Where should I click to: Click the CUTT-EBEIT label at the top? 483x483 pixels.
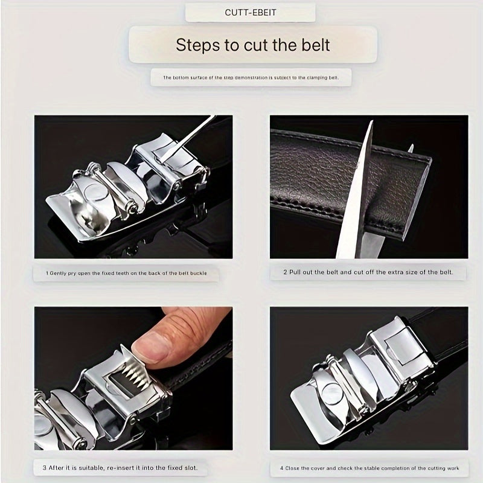coord(250,12)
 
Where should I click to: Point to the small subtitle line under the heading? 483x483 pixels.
coord(251,78)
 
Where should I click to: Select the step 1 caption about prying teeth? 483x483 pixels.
coord(127,273)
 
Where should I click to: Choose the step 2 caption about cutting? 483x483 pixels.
coord(368,272)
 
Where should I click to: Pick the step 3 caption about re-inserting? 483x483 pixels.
coord(120,467)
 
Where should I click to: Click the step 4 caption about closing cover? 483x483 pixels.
coord(369,467)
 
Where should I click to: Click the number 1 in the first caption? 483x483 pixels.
coord(47,273)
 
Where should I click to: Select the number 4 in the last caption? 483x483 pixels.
coord(282,467)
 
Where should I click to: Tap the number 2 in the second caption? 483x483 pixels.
coord(286,272)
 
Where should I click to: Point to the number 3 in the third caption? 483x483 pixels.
coord(45,467)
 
